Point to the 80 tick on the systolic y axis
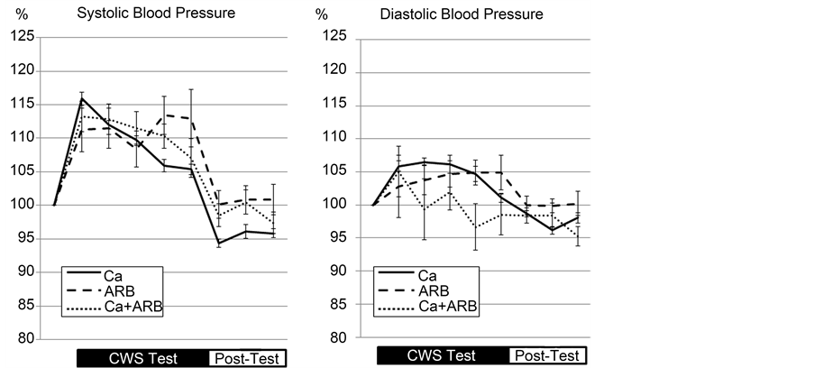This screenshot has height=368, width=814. pos(24,339)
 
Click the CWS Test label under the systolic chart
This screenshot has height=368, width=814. pos(143,357)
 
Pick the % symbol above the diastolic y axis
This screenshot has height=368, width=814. pos(323,15)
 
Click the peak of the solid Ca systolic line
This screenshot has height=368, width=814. pos(81,98)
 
